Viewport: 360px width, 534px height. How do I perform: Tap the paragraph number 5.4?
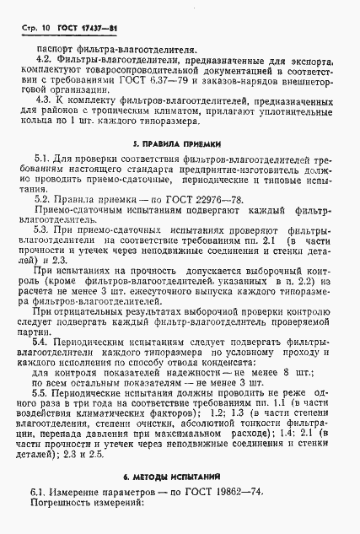pos(40,330)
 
